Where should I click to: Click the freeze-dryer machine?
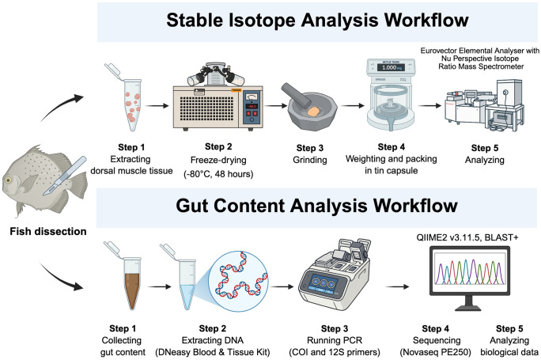204,99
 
